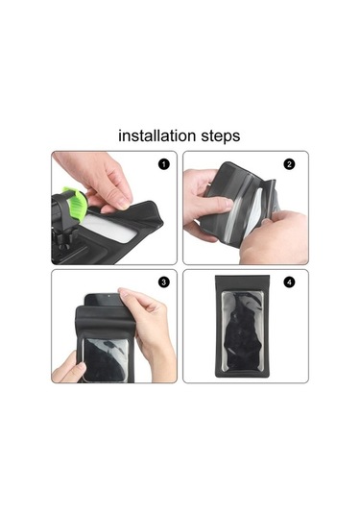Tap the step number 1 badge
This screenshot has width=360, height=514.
tap(163, 164)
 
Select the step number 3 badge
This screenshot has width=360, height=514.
tap(163, 281)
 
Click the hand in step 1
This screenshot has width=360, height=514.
tap(101, 178)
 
